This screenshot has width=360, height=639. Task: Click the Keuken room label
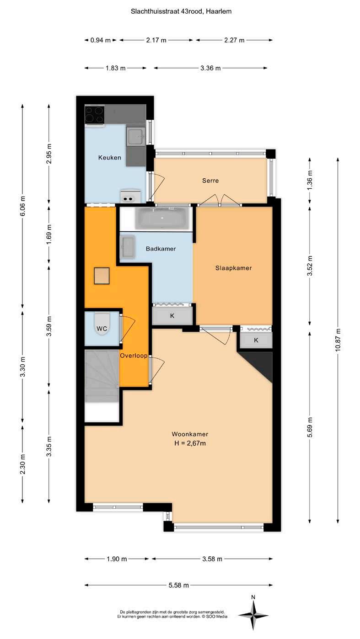[109, 158]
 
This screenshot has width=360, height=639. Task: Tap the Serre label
[210, 181]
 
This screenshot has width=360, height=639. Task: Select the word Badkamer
[161, 249]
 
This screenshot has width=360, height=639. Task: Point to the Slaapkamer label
[233, 268]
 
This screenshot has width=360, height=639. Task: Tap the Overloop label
[133, 356]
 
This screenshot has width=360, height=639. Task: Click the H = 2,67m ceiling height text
[190, 443]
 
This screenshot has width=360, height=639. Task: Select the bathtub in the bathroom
[162, 218]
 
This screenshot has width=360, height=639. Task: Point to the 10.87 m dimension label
[338, 340]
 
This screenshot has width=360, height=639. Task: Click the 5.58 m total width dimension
[178, 585]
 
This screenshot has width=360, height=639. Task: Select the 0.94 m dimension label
[101, 40]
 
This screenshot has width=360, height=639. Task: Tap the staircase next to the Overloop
[102, 376]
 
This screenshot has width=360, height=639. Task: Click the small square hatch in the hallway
[102, 276]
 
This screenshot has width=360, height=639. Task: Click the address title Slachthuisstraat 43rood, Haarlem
[181, 11]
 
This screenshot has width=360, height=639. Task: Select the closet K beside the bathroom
[172, 316]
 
